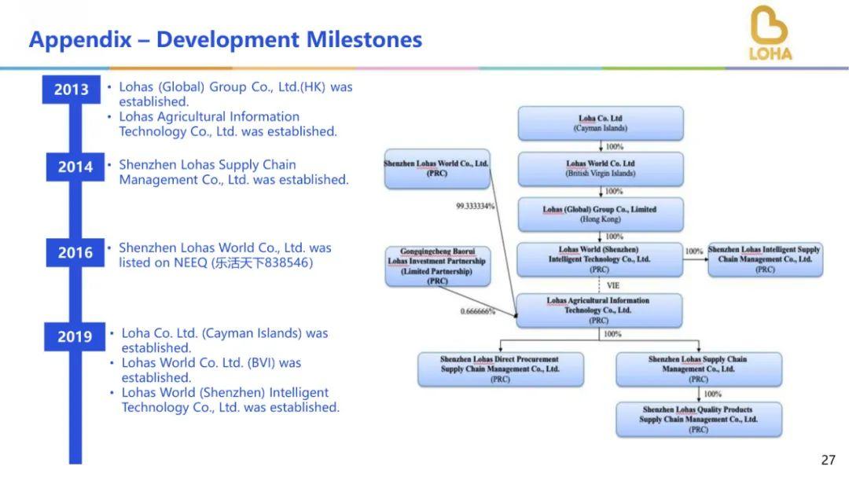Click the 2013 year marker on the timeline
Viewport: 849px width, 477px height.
[71, 90]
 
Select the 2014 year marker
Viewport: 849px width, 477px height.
[75, 167]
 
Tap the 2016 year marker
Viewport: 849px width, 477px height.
[75, 252]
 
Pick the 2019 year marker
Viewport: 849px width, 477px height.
[75, 337]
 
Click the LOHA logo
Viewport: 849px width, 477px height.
[770, 33]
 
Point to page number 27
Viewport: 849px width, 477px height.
[829, 460]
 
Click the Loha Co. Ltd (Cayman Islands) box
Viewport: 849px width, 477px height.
[601, 123]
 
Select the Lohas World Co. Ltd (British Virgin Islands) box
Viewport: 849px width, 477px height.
[601, 168]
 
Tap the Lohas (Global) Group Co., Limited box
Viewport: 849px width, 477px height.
[601, 215]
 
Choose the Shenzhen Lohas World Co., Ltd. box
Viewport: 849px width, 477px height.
[437, 168]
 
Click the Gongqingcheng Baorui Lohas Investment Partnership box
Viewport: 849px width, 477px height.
[438, 266]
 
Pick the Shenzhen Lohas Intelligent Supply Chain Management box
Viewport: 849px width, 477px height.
[765, 259]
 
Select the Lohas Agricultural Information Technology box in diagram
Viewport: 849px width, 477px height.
[599, 310]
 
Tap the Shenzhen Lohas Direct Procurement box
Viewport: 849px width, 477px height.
[500, 369]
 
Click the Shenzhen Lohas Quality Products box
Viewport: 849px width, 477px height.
[699, 420]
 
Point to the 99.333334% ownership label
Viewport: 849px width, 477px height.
[476, 207]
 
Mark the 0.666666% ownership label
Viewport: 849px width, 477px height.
[478, 311]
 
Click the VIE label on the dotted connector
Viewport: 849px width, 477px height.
[613, 285]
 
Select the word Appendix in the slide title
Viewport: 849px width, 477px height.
[80, 39]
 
